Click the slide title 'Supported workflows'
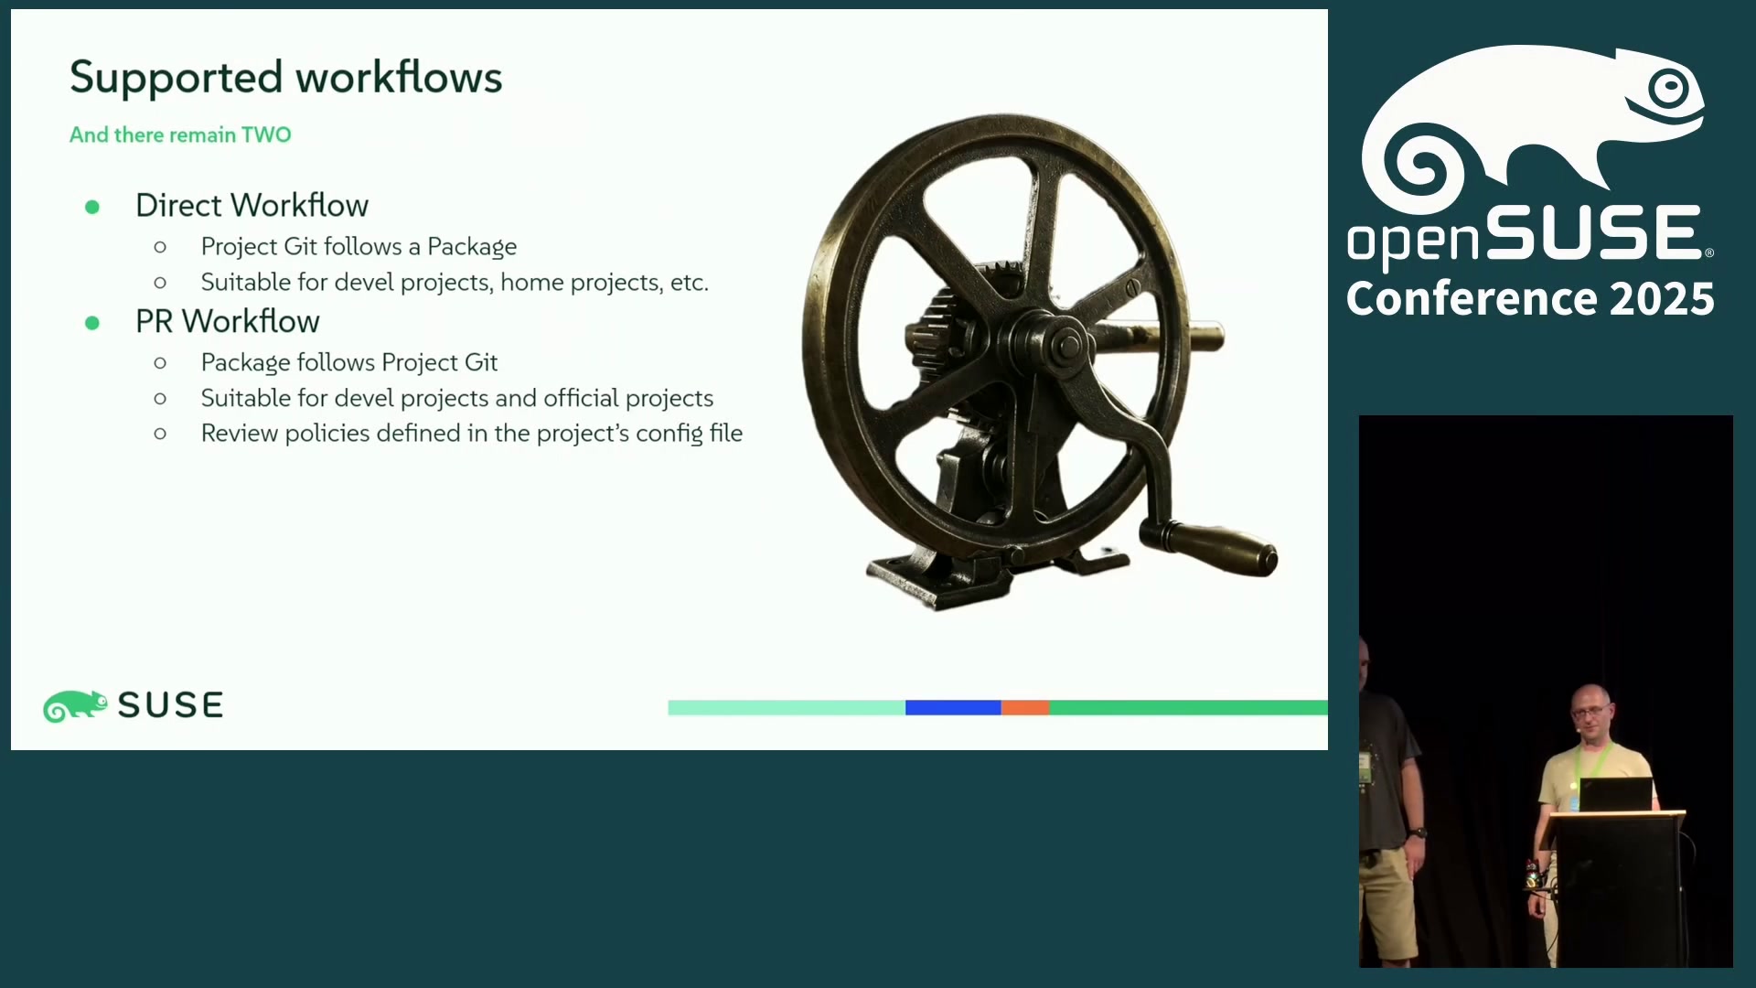285,78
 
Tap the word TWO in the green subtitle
266,135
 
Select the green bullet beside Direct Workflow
92,207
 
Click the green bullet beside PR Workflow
92,323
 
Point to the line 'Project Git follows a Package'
359,247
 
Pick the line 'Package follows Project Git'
348,362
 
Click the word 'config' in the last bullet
669,434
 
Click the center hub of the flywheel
1065,345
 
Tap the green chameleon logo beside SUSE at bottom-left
75,706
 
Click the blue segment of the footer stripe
953,707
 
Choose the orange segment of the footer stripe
1025,707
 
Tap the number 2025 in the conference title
1662,299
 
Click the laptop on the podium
1616,794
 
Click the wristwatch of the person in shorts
1418,832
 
